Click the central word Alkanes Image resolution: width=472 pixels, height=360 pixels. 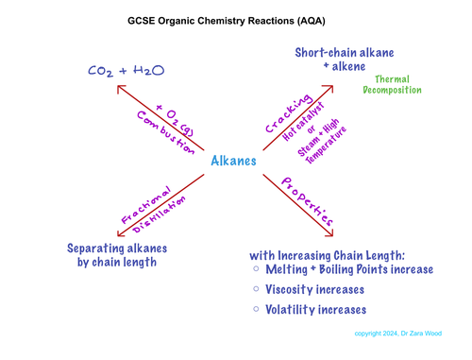[x=232, y=162]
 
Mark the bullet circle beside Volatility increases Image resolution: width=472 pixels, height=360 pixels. [x=257, y=310]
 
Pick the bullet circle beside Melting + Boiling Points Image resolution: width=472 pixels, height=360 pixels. [x=257, y=270]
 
